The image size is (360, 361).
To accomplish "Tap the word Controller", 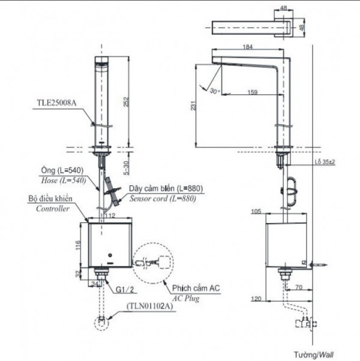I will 53,209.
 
